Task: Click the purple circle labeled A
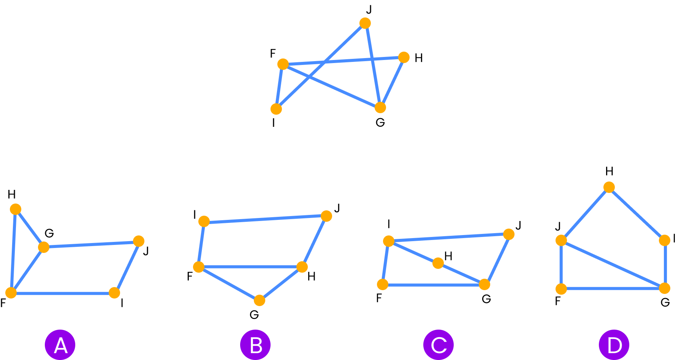[x=60, y=345]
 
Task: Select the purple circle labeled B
[x=255, y=345]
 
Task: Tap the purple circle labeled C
[x=439, y=345]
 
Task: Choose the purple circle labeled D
[x=614, y=345]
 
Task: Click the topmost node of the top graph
[x=365, y=23]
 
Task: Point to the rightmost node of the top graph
[x=404, y=57]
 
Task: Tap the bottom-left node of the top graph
[x=276, y=109]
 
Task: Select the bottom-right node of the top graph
[x=380, y=107]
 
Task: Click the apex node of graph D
[x=609, y=187]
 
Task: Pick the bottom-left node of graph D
[x=561, y=289]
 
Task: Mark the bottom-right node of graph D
[x=664, y=288]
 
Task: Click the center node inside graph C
[x=438, y=263]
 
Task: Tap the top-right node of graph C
[x=508, y=234]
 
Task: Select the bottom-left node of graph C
[x=383, y=284]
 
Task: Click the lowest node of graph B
[x=260, y=300]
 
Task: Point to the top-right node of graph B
[x=326, y=216]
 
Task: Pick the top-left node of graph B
[x=204, y=221]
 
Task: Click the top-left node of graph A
[x=16, y=209]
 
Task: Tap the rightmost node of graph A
[x=139, y=241]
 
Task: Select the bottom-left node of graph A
[x=11, y=293]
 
